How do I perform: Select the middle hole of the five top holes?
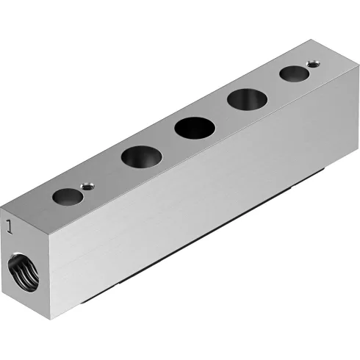pyautogui.click(x=194, y=127)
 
